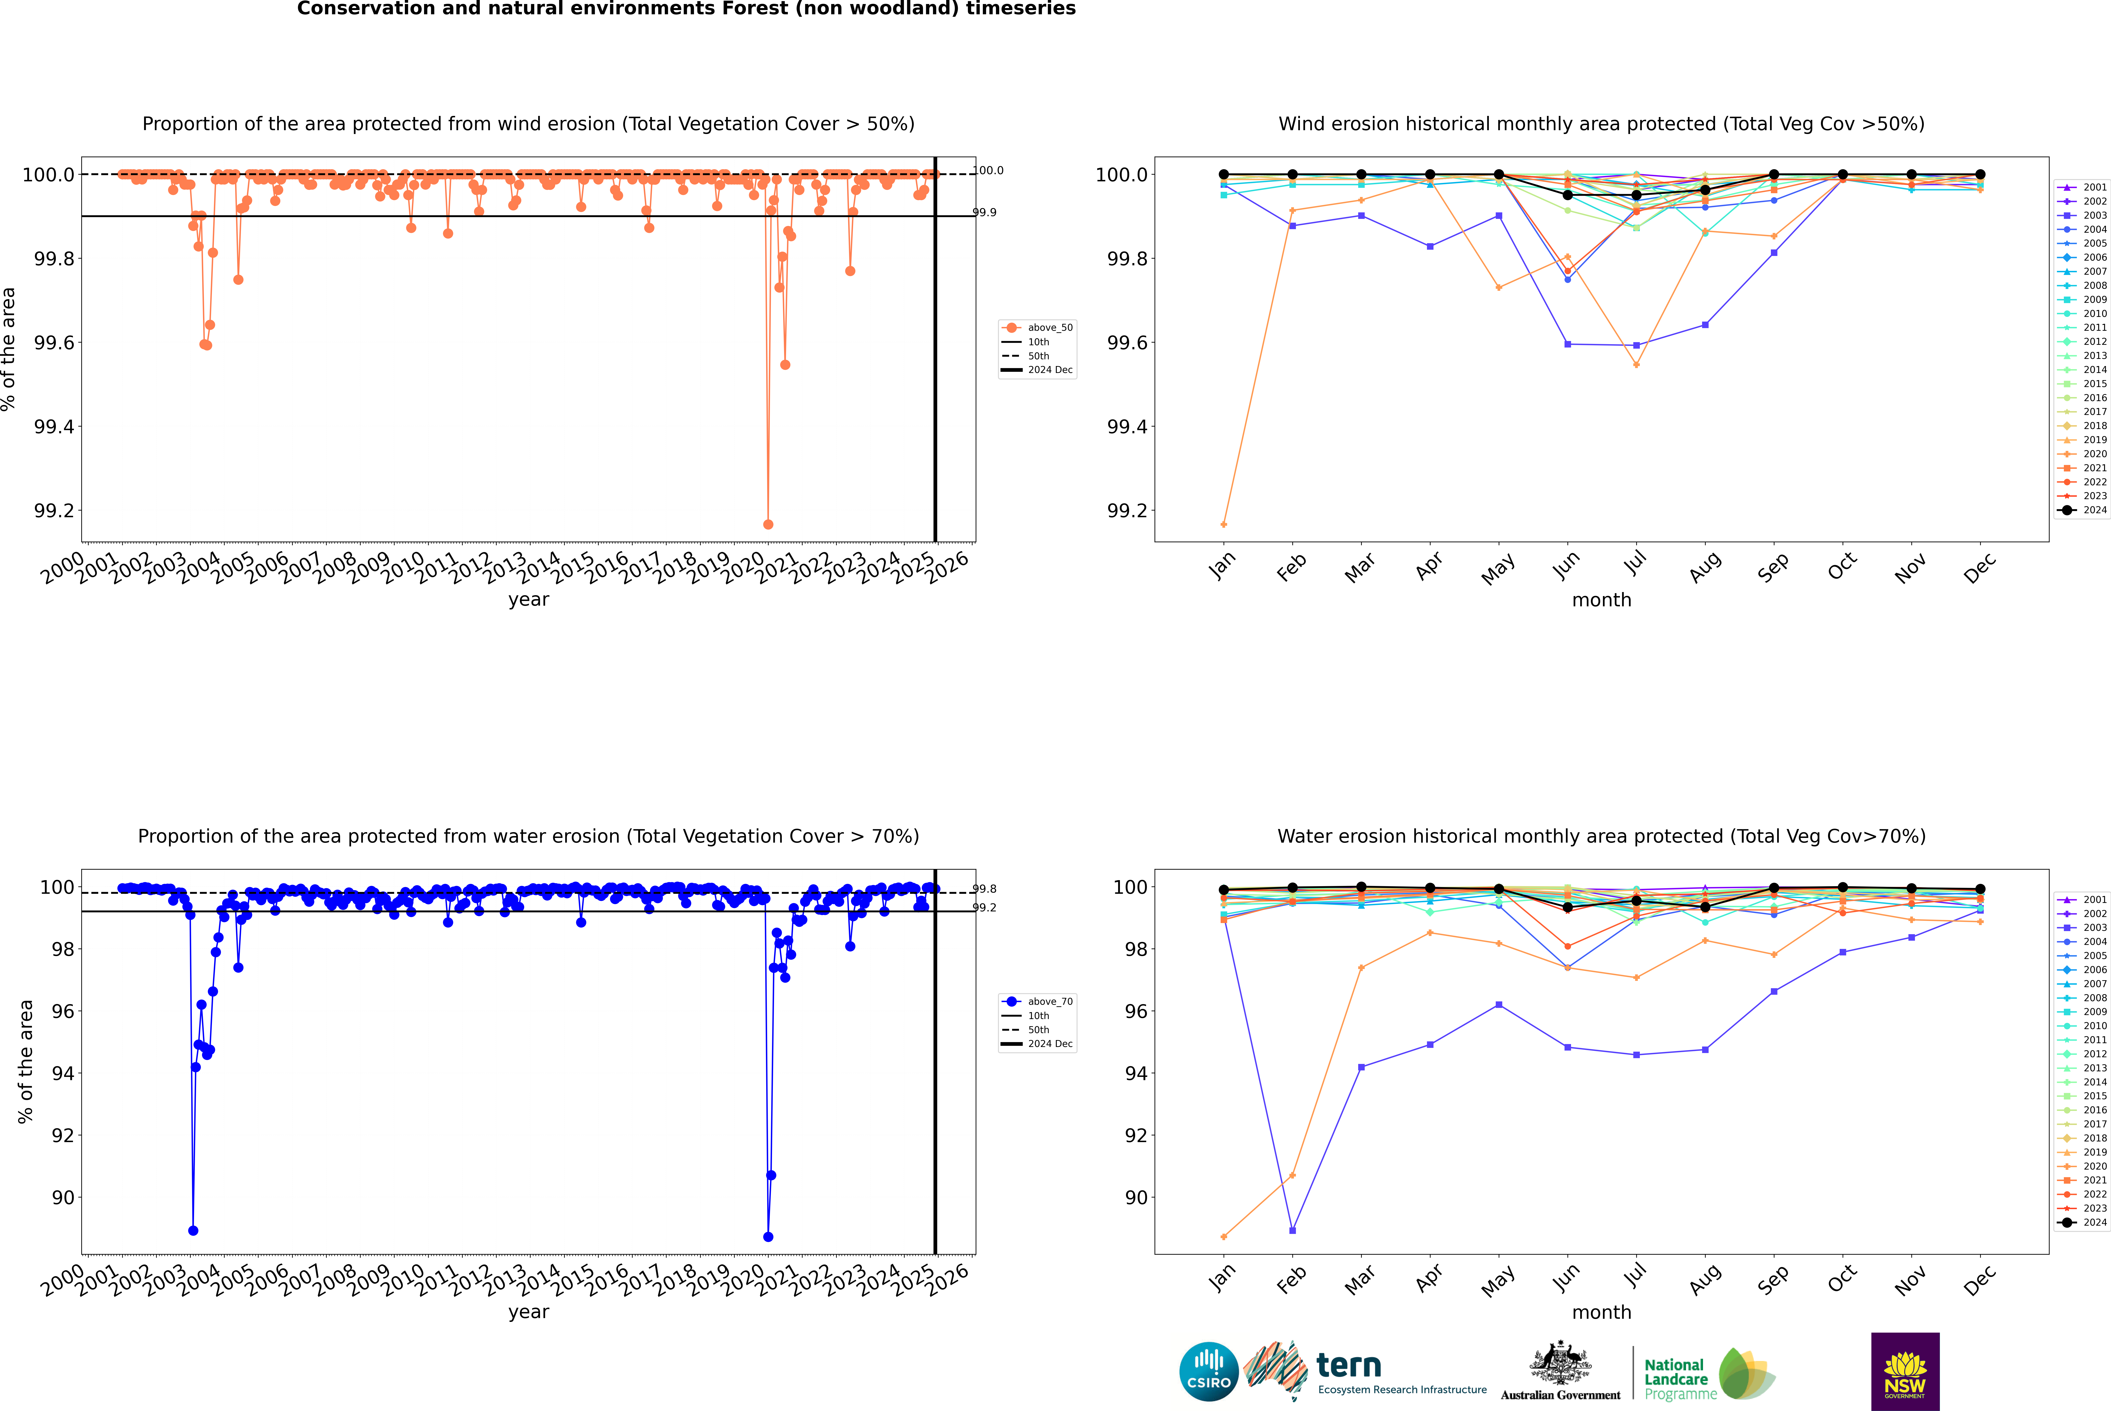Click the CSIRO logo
pos(1209,1371)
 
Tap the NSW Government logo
pos(1905,1371)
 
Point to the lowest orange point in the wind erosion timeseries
pos(768,524)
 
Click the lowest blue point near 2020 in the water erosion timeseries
pos(768,1236)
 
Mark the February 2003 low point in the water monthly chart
pos(1292,1230)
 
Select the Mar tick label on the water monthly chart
pos(1359,1280)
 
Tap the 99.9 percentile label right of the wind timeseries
pos(984,212)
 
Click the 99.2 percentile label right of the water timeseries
pos(984,908)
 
